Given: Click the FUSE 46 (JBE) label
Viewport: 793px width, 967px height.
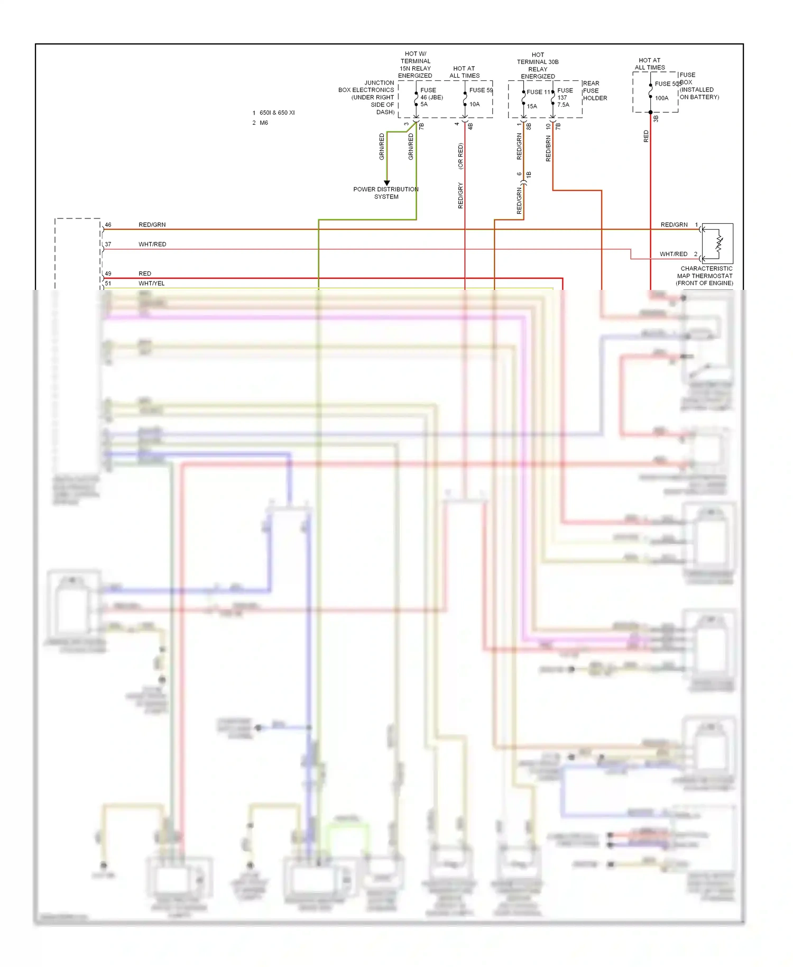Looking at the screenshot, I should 431,94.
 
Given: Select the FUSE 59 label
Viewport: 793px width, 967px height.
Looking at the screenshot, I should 481,90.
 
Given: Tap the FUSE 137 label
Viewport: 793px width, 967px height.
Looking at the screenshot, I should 564,94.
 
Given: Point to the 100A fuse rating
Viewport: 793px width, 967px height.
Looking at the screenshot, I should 661,98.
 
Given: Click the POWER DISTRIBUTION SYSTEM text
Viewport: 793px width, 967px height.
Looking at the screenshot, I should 386,193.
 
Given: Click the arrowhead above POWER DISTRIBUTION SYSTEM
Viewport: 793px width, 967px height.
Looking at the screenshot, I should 387,183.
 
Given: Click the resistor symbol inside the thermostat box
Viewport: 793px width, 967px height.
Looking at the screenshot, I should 719,243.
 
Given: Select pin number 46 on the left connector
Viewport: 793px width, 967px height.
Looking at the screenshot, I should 108,225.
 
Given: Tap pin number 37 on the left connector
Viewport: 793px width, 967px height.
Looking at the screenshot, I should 108,244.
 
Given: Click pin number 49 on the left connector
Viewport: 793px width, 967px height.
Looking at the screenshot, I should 108,273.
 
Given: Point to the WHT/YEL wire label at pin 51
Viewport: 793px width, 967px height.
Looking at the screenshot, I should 152,284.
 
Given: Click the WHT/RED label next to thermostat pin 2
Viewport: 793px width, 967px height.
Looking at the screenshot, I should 674,254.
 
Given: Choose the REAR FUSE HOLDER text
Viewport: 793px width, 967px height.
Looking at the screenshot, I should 595,90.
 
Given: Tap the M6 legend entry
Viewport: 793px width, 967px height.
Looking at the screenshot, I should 263,123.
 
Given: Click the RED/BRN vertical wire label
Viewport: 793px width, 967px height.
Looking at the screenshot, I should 548,148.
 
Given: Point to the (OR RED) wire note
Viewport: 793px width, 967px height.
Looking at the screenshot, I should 460,156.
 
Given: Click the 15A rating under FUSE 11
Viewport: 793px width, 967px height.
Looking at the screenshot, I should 532,106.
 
